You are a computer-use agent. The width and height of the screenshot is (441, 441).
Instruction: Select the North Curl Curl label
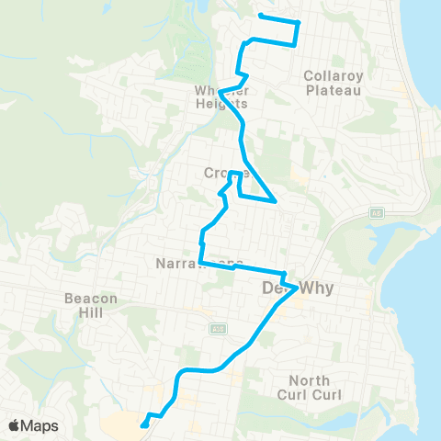(x=315, y=388)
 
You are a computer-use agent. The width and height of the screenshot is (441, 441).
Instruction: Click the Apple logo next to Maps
(x=15, y=425)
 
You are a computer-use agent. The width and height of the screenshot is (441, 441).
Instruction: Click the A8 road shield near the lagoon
(x=376, y=212)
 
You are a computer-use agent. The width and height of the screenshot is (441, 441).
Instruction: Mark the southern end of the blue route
(x=143, y=425)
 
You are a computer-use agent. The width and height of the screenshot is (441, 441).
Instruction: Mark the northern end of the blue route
(x=261, y=16)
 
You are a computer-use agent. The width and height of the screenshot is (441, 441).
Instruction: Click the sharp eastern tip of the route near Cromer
(x=277, y=200)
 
